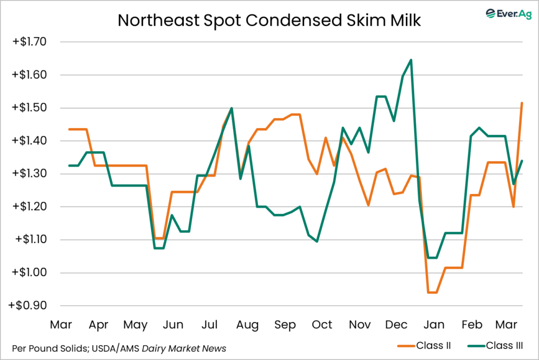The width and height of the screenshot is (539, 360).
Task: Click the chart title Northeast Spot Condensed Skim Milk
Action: click(269, 20)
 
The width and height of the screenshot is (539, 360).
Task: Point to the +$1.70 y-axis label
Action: click(31, 42)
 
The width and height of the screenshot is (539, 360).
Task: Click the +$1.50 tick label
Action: click(31, 108)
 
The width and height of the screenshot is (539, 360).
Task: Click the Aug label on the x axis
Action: click(247, 325)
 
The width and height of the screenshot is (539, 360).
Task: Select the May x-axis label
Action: click(136, 325)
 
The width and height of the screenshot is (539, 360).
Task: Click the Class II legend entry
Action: click(432, 346)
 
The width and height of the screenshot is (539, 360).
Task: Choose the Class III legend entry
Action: click(501, 346)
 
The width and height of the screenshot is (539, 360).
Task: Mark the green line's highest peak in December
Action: click(411, 60)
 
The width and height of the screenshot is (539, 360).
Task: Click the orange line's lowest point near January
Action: click(432, 292)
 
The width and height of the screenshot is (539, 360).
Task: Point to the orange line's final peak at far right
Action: click(522, 103)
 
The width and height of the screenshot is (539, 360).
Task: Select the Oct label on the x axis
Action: click(322, 325)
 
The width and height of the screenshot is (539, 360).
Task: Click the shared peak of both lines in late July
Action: click(232, 108)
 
